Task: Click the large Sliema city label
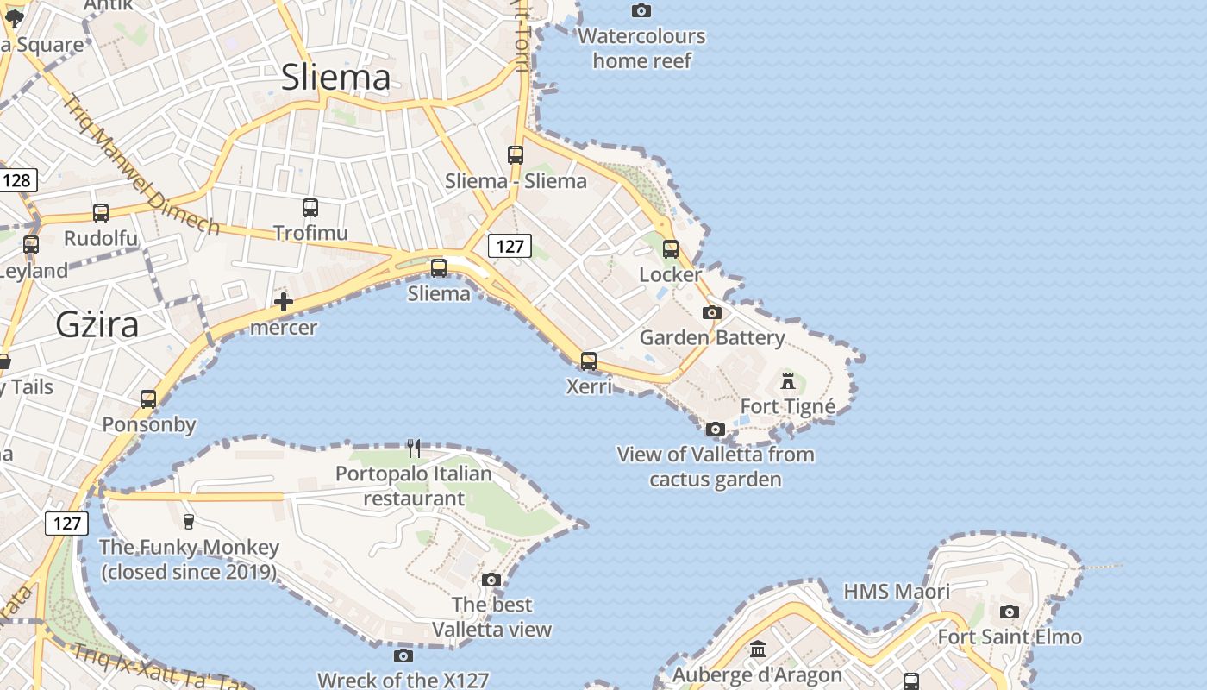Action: (x=336, y=78)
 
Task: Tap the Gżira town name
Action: (x=97, y=324)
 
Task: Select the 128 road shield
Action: (x=16, y=180)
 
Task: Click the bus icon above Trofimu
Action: (x=310, y=208)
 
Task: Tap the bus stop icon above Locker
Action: (x=671, y=249)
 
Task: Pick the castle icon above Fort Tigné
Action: (x=788, y=380)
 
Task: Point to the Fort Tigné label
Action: (x=788, y=406)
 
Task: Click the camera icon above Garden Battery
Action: (x=712, y=312)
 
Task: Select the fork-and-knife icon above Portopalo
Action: (x=414, y=448)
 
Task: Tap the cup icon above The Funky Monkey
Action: (x=189, y=521)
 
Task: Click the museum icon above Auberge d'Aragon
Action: (x=758, y=649)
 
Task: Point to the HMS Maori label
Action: (x=897, y=592)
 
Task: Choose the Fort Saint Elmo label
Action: (x=1010, y=637)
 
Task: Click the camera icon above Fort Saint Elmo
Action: (x=1010, y=612)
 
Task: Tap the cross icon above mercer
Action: (x=284, y=302)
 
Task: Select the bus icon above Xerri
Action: (x=589, y=361)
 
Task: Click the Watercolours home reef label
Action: (x=642, y=48)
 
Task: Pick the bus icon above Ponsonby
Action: (x=148, y=399)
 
